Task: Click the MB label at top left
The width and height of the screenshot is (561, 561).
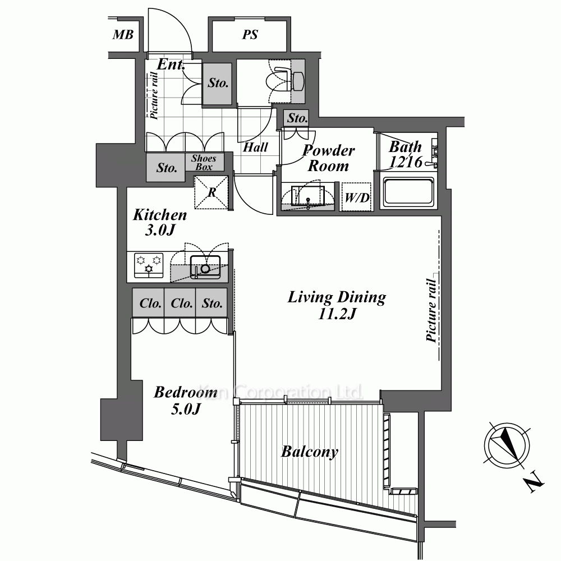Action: (123, 35)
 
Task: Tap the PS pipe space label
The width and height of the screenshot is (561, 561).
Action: (250, 35)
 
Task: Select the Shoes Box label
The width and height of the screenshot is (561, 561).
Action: (204, 163)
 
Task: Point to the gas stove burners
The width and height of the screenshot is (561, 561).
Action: (149, 265)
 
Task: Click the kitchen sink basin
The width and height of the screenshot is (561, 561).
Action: (205, 267)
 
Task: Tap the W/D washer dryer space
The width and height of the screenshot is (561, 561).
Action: (356, 197)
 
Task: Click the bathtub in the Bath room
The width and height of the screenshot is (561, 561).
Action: (409, 193)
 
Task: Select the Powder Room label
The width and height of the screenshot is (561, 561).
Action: (328, 158)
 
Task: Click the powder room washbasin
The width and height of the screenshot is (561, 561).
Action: (307, 195)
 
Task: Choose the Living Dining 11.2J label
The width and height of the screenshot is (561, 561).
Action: (337, 305)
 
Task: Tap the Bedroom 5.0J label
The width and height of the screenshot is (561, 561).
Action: (186, 400)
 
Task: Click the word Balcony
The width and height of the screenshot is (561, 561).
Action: (310, 452)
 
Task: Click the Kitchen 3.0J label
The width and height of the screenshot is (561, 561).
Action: (160, 222)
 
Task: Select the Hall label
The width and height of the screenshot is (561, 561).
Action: (255, 147)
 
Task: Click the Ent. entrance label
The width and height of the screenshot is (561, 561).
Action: (171, 65)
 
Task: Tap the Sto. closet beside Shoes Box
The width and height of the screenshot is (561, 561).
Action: (167, 168)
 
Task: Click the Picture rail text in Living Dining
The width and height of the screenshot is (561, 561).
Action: (432, 311)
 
